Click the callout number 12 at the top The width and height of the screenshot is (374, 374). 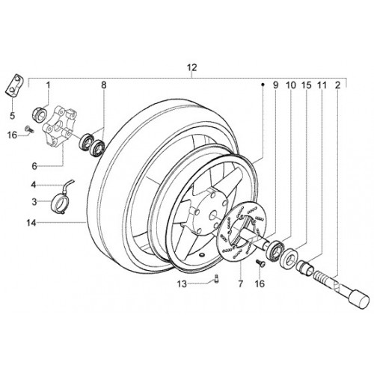click(x=192, y=67)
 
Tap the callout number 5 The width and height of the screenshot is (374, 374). click(x=12, y=116)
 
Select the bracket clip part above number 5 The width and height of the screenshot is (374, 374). click(x=14, y=85)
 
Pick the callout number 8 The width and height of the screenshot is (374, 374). click(x=104, y=85)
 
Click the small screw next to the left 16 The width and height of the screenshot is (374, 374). click(x=28, y=129)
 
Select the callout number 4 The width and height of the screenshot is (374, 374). click(x=34, y=185)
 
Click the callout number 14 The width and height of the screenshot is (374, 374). click(x=31, y=223)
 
